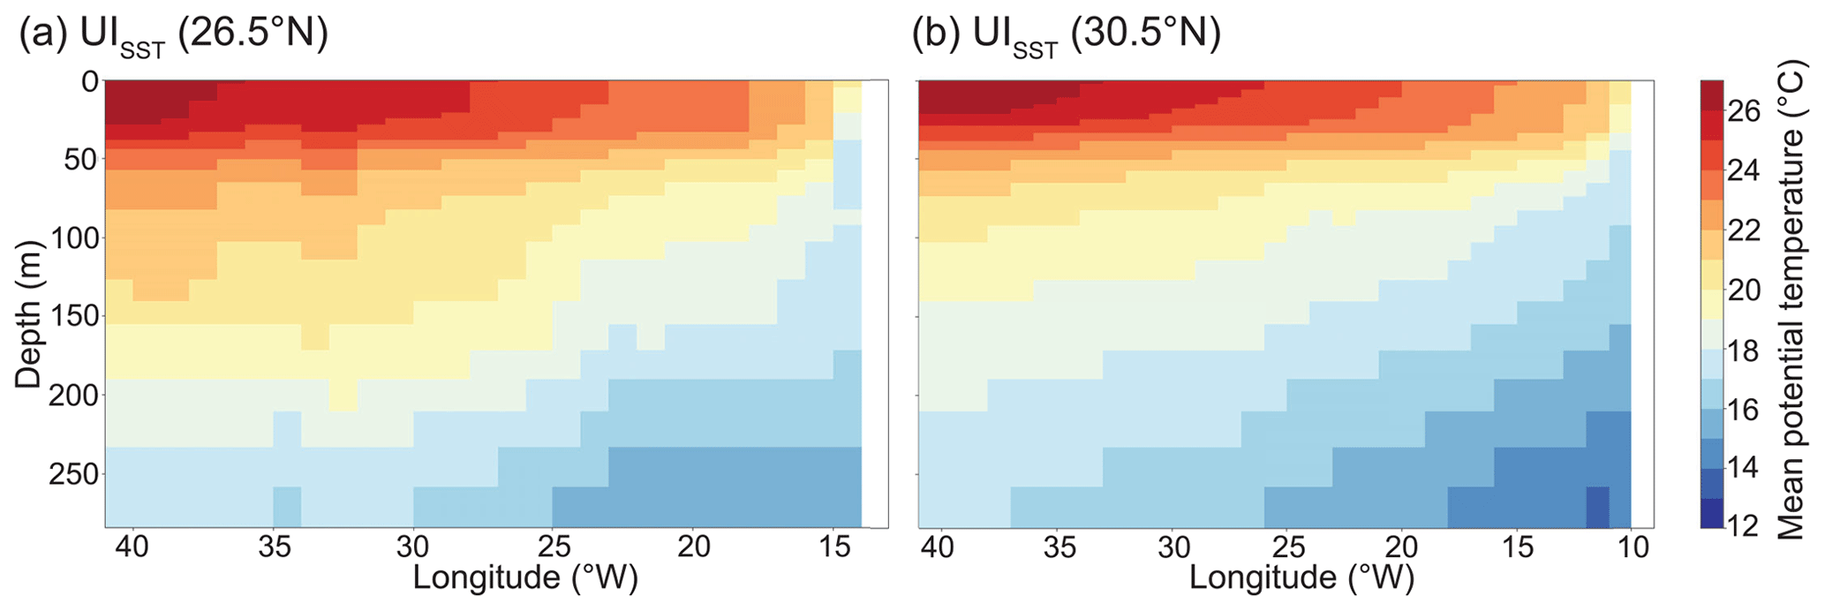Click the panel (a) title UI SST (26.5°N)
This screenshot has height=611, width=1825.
tap(173, 37)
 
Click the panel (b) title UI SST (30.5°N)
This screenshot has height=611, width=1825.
tap(1067, 37)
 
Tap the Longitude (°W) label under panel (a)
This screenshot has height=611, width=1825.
tap(524, 577)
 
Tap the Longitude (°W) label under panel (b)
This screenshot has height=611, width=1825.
tap(1301, 577)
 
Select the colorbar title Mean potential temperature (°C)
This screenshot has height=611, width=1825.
tap(1791, 300)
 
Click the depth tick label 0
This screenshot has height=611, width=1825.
tap(89, 82)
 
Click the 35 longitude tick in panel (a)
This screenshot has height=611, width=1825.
tap(274, 548)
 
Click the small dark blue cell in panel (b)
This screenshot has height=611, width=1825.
tap(1597, 507)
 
